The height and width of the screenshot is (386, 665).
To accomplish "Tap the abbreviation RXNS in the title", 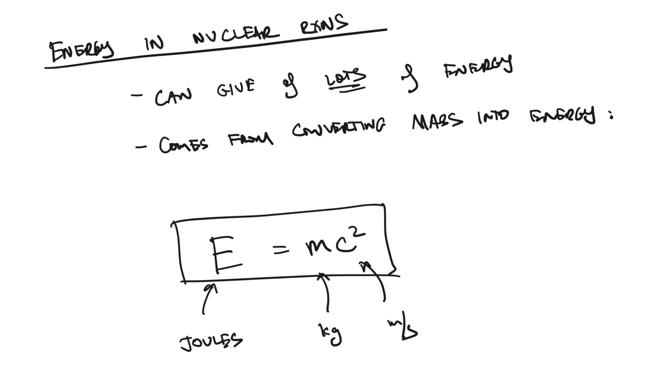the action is point(324,25).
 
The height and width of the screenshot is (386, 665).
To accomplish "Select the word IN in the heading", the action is point(155,44).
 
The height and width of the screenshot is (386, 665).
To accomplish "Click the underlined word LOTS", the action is point(345,80).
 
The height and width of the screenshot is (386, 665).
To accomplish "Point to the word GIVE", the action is point(236,89).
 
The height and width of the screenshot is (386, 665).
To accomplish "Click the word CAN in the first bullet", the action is point(173,96).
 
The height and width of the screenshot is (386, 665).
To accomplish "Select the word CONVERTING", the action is point(338,128).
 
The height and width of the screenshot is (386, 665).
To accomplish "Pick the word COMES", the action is point(183,144).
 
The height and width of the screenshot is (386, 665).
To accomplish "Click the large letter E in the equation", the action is point(226,255).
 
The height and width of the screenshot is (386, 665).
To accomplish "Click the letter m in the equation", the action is point(317,246).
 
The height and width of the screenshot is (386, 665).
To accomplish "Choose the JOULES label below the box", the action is point(211,342).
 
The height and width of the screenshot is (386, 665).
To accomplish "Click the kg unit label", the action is point(331,333).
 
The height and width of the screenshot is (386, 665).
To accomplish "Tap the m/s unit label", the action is point(403,329).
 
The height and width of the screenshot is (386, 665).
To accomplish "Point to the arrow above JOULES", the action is point(208,298).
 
